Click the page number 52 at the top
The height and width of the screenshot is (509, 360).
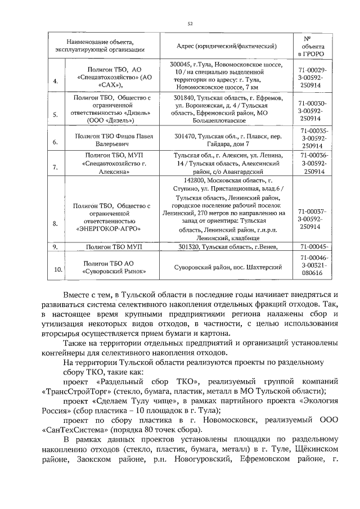pos(190,23)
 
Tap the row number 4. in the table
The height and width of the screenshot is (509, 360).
pos(55,82)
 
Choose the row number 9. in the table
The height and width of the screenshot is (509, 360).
pos(55,246)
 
